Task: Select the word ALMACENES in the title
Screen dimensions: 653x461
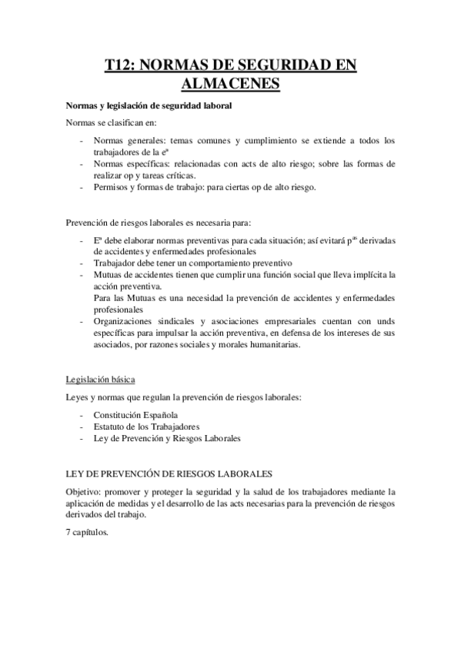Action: [230, 84]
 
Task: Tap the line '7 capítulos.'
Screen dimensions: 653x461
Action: [87, 531]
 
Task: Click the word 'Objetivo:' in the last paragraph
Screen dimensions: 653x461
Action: [84, 491]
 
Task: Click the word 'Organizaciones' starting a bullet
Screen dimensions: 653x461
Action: [126, 323]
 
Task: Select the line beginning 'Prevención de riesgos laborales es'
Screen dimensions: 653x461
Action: [158, 223]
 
